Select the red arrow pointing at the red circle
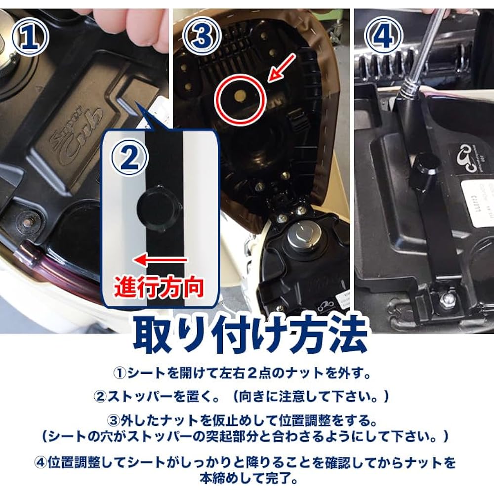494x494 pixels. pyautogui.click(x=282, y=68)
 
